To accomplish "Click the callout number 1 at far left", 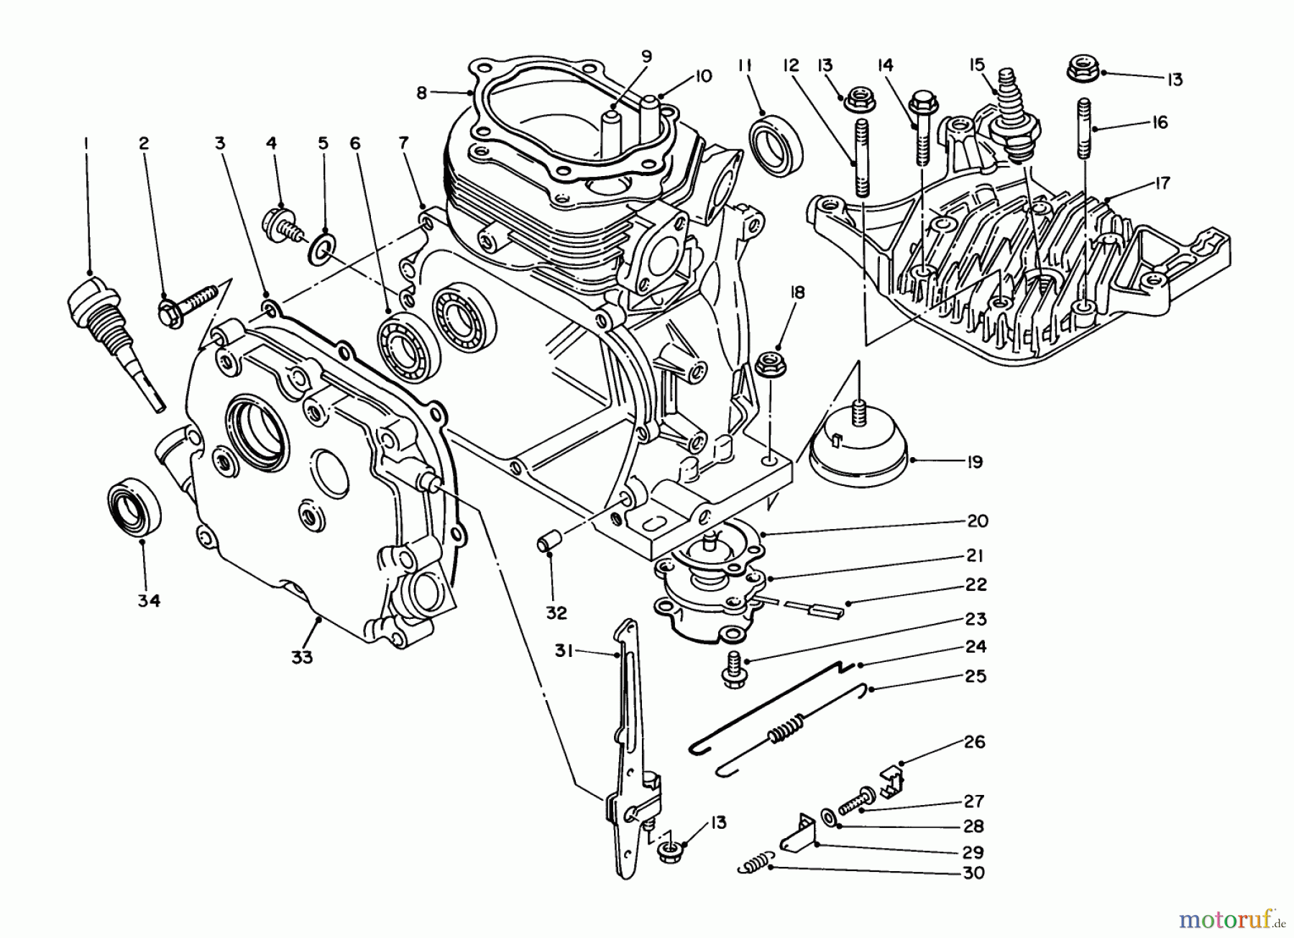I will [x=86, y=144].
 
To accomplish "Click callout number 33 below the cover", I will [x=302, y=656].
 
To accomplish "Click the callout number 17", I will [x=1162, y=183].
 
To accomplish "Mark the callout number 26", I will [x=974, y=741].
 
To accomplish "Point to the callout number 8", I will [x=421, y=92].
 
